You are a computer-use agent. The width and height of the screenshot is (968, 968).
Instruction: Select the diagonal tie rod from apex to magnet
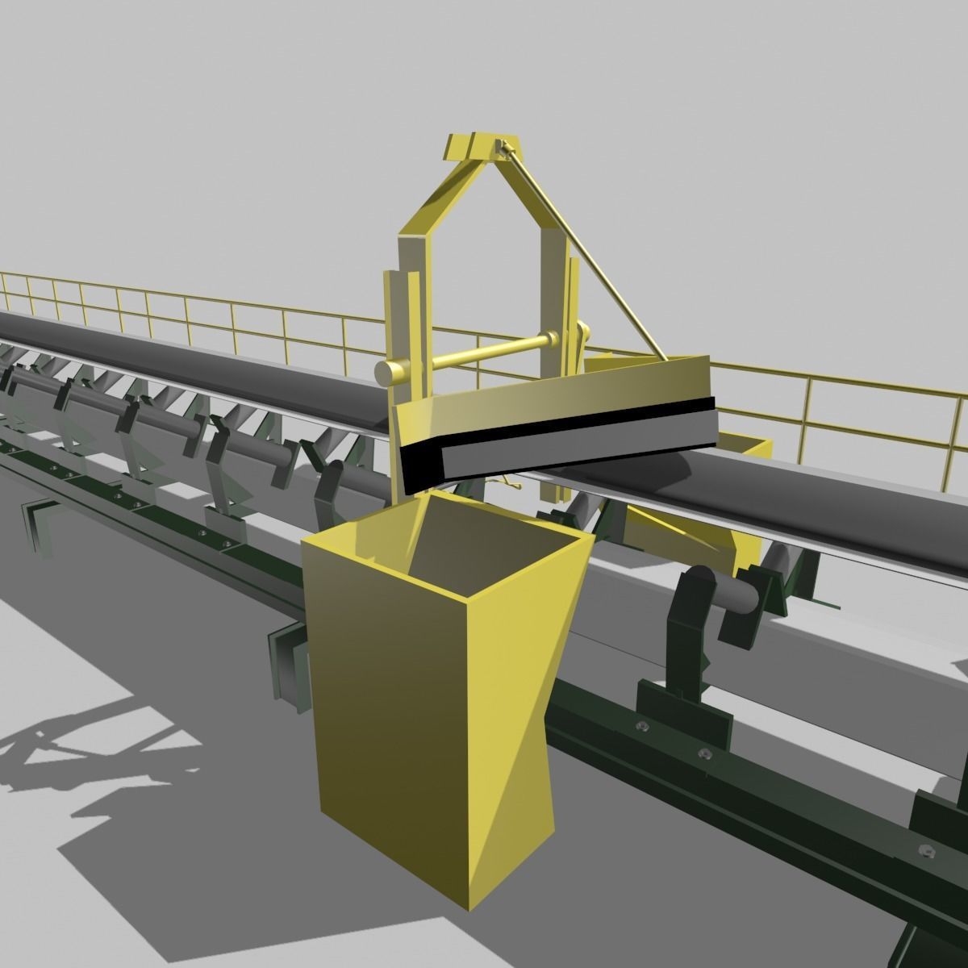click(x=581, y=250)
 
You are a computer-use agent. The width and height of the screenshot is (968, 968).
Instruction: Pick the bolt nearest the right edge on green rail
click(x=925, y=849)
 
